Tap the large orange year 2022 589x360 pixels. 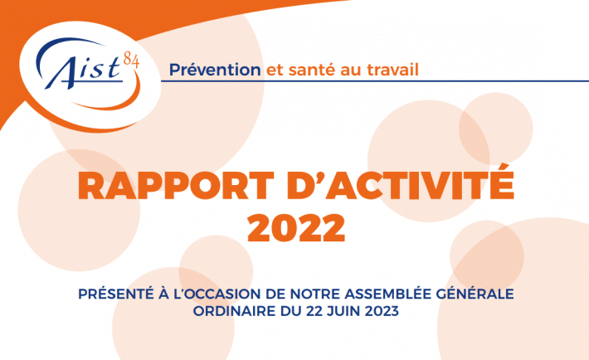[296, 228]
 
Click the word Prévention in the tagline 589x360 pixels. [215, 70]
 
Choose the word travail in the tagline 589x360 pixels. [392, 70]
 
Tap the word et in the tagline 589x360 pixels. [275, 71]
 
